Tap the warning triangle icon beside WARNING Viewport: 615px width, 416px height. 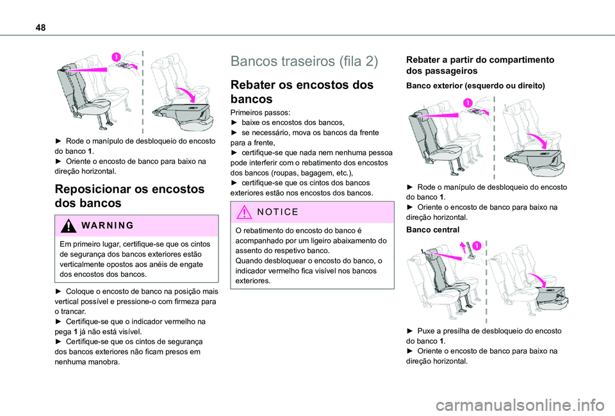click(67, 225)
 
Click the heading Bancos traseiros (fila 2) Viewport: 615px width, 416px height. click(304, 62)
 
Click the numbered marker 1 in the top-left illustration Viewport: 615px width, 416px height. click(116, 57)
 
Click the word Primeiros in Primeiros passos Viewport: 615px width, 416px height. click(247, 112)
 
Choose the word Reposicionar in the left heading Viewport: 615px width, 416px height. click(97, 189)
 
